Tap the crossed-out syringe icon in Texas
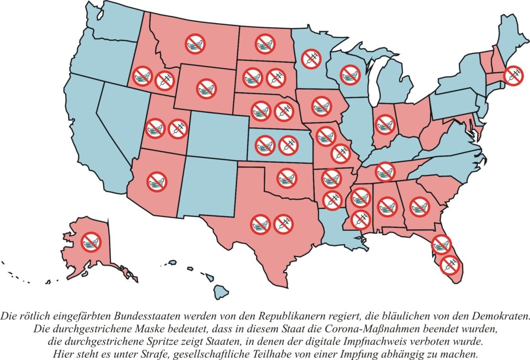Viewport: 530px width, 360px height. click(283, 224)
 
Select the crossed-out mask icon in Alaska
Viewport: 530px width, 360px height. click(91, 242)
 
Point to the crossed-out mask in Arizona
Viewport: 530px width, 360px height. click(156, 182)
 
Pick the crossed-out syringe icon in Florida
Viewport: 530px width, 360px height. click(449, 265)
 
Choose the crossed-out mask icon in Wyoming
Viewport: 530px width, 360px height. click(206, 89)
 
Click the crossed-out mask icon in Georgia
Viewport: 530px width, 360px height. click(420, 206)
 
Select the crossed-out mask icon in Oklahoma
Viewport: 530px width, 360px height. click(287, 178)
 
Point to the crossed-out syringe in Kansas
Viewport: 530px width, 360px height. click(288, 145)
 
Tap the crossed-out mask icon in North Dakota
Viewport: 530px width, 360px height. click(265, 44)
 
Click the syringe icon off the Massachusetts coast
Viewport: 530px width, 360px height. click(513, 75)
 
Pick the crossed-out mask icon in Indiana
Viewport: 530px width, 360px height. click(385, 124)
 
